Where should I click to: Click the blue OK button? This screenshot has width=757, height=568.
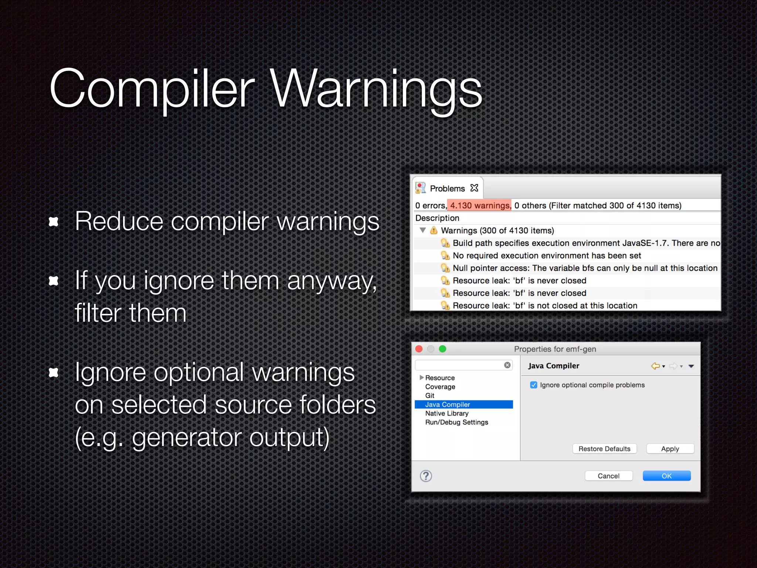666,476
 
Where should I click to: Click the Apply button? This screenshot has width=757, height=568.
670,449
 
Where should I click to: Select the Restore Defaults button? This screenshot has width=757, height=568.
604,449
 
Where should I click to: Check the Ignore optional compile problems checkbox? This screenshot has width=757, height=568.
534,385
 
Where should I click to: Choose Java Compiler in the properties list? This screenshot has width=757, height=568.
448,405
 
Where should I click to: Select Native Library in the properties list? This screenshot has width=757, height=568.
447,413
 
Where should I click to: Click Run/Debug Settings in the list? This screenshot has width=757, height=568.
456,422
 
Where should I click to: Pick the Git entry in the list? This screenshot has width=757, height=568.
430,396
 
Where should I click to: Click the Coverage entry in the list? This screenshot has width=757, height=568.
440,387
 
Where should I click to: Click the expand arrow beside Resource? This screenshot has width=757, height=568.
421,378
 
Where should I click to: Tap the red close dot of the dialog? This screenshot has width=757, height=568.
419,349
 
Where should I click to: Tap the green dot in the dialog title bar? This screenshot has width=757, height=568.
442,349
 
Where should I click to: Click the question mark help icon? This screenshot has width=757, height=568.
426,476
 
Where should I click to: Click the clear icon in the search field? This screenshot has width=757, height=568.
508,365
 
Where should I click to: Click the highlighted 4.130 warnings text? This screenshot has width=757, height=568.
480,206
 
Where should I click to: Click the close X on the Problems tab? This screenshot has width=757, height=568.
474,188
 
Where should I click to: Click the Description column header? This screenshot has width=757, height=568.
437,218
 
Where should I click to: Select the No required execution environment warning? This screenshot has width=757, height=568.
547,256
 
